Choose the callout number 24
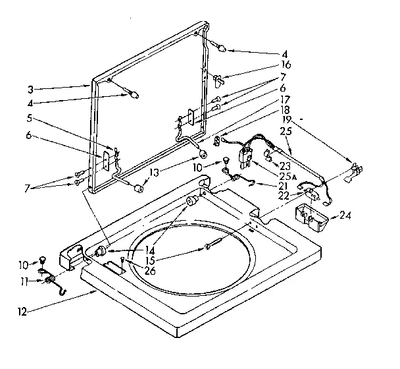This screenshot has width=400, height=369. click(x=346, y=215)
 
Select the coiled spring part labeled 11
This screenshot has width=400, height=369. click(x=50, y=281)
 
